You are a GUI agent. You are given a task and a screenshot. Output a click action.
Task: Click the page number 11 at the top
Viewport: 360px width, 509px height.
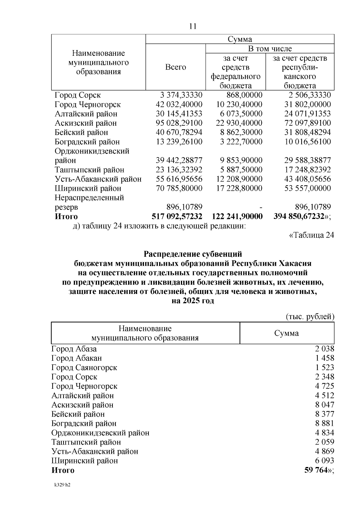pyautogui.click(x=193, y=26)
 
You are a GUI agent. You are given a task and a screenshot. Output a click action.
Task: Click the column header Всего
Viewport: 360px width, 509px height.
pyautogui.click(x=175, y=67)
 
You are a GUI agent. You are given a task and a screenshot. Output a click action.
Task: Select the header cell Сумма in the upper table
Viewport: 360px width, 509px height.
pyautogui.click(x=240, y=39)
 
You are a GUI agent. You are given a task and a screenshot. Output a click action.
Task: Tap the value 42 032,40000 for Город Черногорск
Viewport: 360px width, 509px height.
pyautogui.click(x=179, y=104)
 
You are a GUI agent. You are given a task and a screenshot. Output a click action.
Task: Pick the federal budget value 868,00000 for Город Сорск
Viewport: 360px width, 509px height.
pyautogui.click(x=244, y=95)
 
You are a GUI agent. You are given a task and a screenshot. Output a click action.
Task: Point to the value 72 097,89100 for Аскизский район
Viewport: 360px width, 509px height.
pyautogui.click(x=307, y=123)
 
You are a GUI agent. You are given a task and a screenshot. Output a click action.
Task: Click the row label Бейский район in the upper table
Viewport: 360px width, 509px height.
pyautogui.click(x=81, y=132)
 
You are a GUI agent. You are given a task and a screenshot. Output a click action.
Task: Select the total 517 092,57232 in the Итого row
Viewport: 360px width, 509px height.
pyautogui.click(x=177, y=216)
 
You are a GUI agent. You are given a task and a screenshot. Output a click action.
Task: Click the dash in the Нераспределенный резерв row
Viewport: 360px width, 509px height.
pyautogui.click(x=261, y=207)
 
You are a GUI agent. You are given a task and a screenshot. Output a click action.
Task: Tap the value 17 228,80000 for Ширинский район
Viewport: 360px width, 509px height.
pyautogui.click(x=239, y=188)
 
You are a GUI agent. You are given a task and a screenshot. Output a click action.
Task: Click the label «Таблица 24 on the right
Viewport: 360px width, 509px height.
pyautogui.click(x=311, y=235)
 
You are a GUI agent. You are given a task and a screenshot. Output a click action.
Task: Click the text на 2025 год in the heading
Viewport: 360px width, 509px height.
pyautogui.click(x=193, y=301)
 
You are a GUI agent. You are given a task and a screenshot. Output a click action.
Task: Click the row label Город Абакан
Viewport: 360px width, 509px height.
pyautogui.click(x=77, y=358)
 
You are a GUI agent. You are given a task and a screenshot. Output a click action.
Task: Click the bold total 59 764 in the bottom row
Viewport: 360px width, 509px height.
pyautogui.click(x=316, y=470)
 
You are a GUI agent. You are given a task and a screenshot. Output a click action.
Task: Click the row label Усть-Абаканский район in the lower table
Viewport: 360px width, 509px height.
pyautogui.click(x=95, y=451)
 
